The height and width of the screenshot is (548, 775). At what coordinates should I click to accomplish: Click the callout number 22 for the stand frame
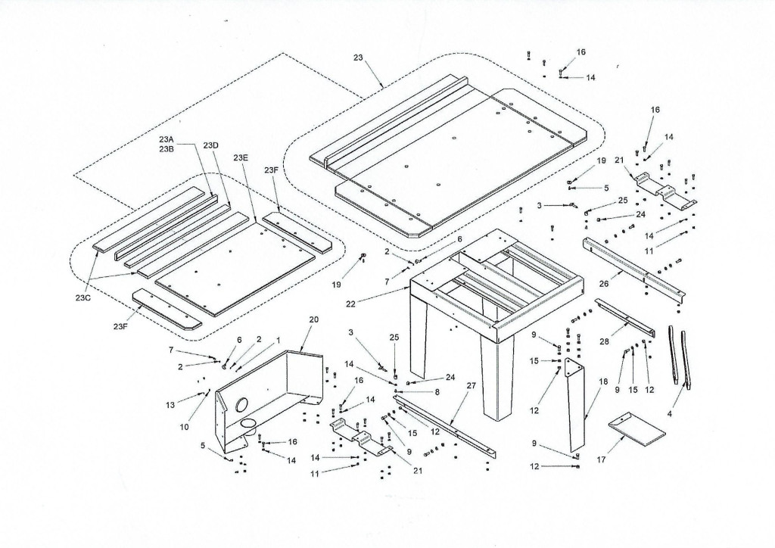tap(350, 304)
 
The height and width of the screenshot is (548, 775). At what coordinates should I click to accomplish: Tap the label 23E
tap(241, 157)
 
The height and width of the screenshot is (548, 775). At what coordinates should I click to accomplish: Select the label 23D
tap(210, 145)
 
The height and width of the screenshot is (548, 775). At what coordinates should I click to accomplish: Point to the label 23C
tap(83, 298)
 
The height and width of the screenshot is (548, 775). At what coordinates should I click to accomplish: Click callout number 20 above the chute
tap(314, 319)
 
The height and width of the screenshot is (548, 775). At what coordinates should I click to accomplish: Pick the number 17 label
tap(602, 459)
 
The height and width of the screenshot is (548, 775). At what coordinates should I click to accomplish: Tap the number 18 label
tap(603, 382)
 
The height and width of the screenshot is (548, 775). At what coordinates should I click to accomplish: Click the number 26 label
tap(604, 284)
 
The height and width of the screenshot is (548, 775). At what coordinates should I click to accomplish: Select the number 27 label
tap(471, 385)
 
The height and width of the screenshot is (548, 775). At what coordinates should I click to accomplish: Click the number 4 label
tap(670, 414)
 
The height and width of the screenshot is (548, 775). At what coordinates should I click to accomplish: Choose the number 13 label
tap(170, 405)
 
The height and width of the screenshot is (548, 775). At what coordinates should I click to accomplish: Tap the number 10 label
tap(184, 427)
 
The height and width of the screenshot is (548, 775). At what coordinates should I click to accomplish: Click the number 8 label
tap(437, 392)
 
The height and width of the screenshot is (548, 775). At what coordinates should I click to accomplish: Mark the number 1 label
tap(279, 340)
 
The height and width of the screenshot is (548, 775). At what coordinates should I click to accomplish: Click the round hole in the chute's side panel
tap(243, 405)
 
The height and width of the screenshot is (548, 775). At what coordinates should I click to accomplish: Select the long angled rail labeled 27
tap(445, 425)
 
